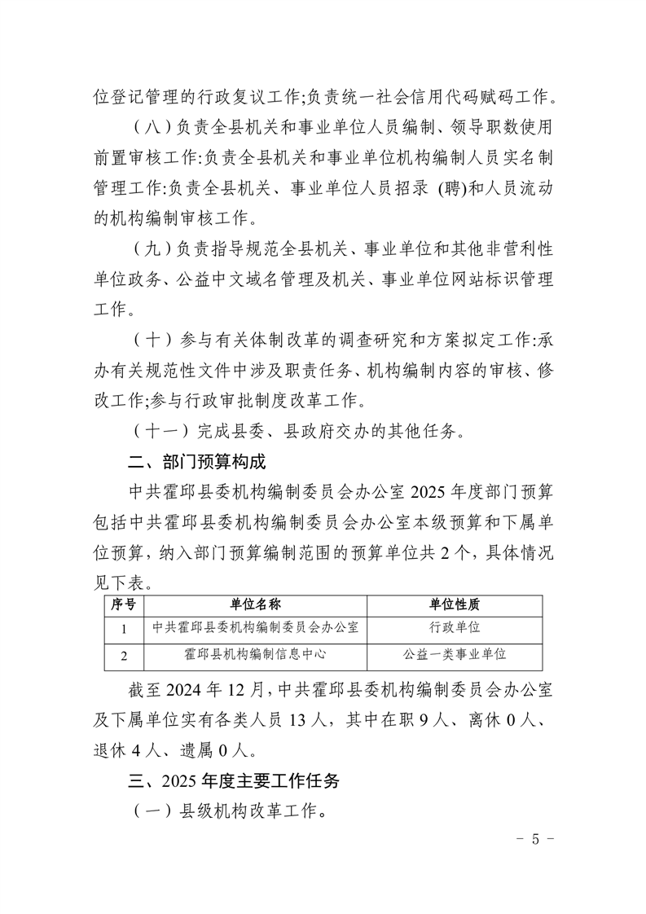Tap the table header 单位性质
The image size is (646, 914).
click(455, 604)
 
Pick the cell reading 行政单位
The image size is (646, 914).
click(455, 628)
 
